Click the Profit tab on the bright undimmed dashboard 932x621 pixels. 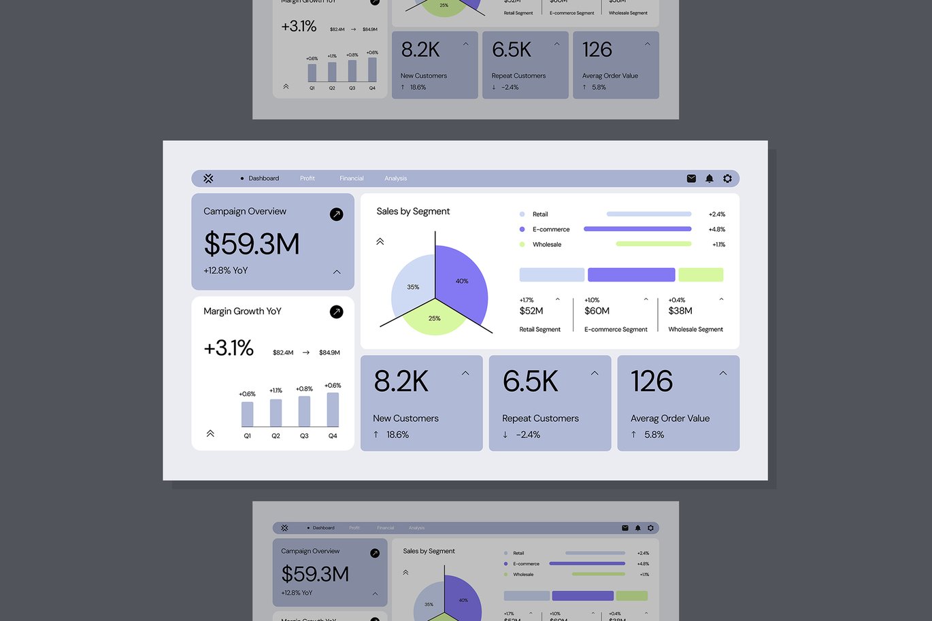click(x=307, y=178)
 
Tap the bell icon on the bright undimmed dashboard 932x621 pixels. click(x=710, y=178)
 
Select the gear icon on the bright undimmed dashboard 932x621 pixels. click(x=727, y=178)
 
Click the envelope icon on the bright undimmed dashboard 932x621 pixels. click(x=691, y=178)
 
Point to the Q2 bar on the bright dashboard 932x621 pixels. click(x=276, y=413)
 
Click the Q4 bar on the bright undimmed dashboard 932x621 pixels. click(x=333, y=409)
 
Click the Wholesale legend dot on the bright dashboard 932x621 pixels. click(x=522, y=244)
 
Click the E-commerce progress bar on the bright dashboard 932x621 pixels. click(x=637, y=229)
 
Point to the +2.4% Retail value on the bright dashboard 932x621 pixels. click(x=716, y=214)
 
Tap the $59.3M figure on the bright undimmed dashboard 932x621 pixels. click(x=252, y=244)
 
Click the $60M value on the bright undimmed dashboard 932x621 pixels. click(x=597, y=311)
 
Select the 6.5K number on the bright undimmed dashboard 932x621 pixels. click(x=530, y=382)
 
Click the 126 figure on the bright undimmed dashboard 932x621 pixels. click(x=651, y=382)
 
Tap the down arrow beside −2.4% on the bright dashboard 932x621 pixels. click(x=505, y=435)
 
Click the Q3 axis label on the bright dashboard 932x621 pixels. click(x=304, y=436)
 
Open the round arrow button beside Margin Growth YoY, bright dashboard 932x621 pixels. click(x=336, y=312)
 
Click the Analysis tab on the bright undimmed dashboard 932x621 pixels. click(x=395, y=178)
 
